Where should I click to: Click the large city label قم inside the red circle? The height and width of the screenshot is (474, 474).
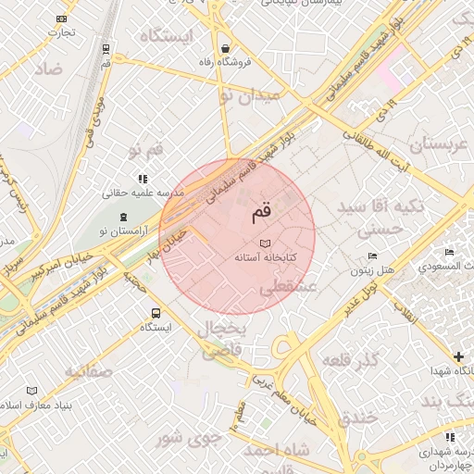[262, 212]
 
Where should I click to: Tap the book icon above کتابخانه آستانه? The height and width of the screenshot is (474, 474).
[266, 243]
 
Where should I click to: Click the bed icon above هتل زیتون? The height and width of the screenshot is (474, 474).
[372, 256]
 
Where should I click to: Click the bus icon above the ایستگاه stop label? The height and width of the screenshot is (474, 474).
[156, 313]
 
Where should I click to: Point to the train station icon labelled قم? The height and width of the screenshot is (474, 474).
[106, 48]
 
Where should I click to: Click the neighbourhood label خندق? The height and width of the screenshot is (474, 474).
[356, 418]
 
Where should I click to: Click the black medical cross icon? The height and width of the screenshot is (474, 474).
[458, 355]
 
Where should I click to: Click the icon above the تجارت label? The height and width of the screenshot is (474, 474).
[62, 19]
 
